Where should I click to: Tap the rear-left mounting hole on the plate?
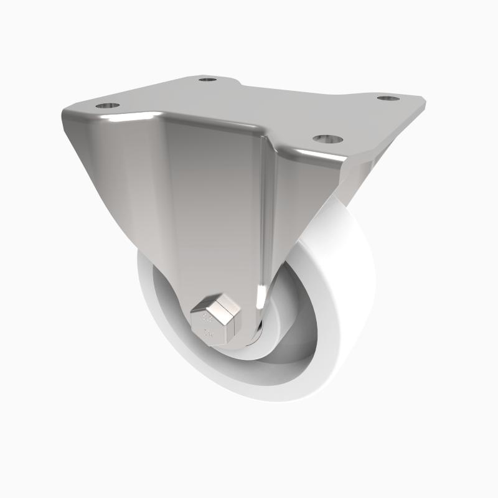207,80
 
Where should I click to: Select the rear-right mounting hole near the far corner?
387,98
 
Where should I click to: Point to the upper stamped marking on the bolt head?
207,319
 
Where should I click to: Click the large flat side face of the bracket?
205,205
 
